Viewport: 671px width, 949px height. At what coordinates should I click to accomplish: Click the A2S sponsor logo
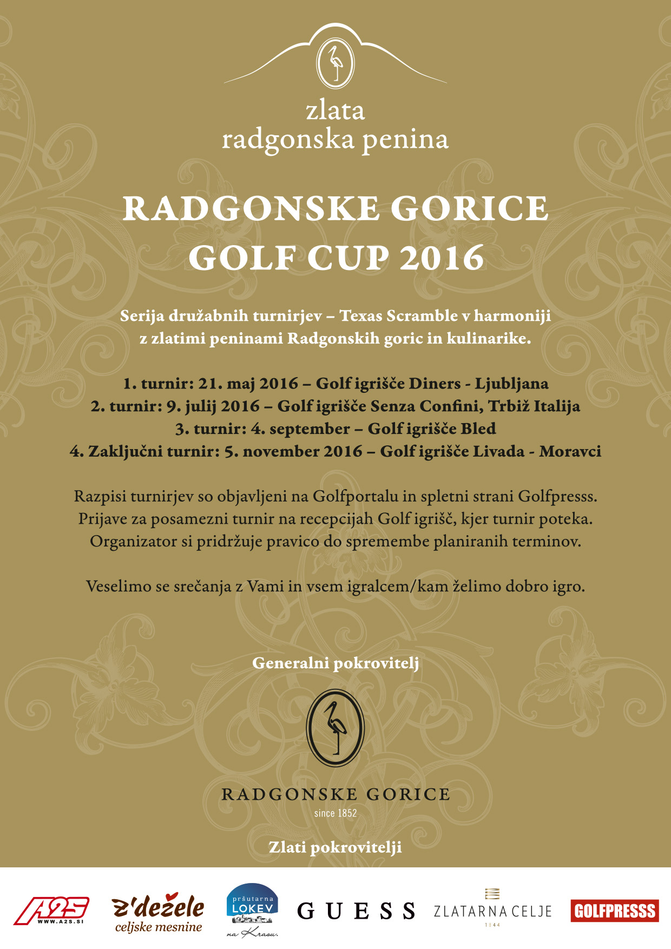click(51, 911)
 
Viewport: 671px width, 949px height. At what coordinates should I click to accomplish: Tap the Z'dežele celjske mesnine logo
click(158, 913)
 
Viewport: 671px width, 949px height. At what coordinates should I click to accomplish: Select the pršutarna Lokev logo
click(252, 910)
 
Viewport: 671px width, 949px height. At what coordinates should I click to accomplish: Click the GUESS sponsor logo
click(357, 911)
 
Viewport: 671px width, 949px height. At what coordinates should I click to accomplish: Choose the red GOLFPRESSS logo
click(615, 911)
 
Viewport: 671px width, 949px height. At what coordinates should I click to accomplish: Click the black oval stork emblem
click(335, 728)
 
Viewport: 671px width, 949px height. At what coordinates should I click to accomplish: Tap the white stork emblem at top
click(335, 63)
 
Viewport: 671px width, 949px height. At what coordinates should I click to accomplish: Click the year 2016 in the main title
click(442, 258)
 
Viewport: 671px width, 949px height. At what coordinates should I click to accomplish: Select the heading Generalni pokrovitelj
click(335, 663)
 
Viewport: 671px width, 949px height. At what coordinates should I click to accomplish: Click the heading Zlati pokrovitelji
click(335, 847)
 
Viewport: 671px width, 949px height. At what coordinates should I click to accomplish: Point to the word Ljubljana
click(511, 384)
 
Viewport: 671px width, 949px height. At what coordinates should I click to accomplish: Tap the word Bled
click(478, 429)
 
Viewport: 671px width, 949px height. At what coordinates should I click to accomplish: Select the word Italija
click(557, 406)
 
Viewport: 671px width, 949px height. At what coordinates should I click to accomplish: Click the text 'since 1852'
click(335, 813)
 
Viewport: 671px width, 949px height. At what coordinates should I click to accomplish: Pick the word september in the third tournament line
click(310, 429)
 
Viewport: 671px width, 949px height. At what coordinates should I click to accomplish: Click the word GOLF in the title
click(242, 258)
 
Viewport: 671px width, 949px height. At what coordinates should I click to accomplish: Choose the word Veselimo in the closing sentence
click(119, 586)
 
